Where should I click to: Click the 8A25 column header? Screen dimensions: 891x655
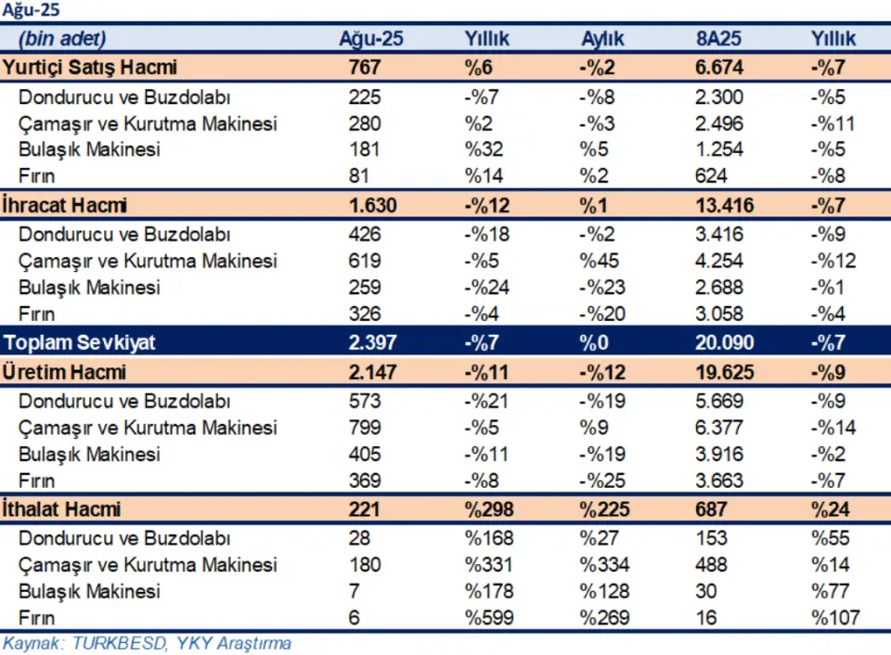point(718,39)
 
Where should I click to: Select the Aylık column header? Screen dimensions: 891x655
point(602,39)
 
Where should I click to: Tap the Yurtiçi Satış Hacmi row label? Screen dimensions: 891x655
point(90,68)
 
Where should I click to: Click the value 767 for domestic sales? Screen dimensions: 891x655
point(364,68)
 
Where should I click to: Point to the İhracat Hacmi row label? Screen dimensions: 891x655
point(64,205)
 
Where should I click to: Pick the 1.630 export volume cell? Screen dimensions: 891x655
point(373,205)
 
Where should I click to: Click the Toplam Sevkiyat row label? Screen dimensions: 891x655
point(80,342)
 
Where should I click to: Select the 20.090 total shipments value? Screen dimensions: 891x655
point(725,342)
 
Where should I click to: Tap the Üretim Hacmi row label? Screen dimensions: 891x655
point(64,372)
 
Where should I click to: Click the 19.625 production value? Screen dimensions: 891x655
point(725,372)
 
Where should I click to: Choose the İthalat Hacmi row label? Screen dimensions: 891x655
point(61,509)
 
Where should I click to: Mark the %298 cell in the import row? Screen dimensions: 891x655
point(489,509)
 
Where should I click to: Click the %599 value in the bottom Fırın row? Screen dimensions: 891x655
point(489,618)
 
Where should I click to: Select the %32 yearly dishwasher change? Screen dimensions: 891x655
point(484,149)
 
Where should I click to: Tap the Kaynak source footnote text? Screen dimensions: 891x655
point(148,643)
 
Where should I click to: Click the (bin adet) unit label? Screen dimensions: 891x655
point(62,39)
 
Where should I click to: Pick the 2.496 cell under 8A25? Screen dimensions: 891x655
point(718,123)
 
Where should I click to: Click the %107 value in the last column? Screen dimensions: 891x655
point(835,618)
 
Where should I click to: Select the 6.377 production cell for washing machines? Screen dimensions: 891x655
point(718,427)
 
